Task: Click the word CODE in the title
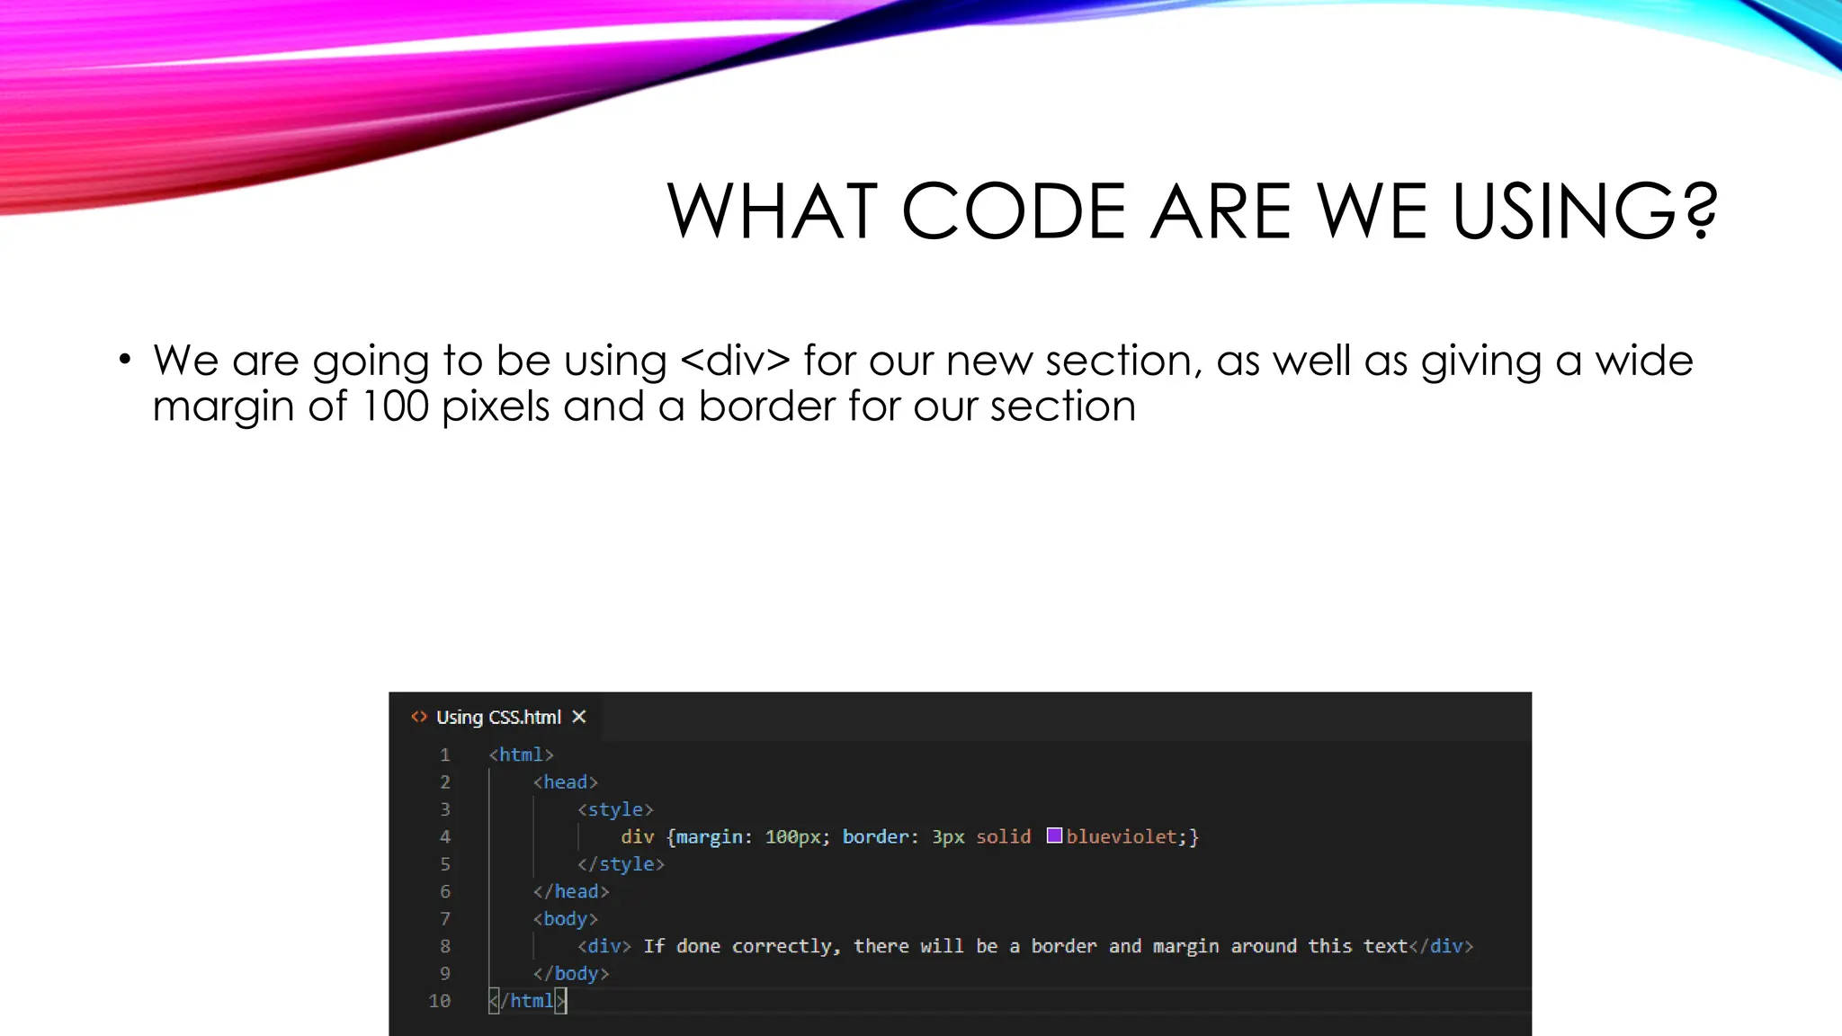pos(1013,211)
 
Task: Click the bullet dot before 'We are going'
pos(125,361)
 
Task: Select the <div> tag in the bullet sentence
pos(735,361)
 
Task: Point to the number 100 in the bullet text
pos(395,406)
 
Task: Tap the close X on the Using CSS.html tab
pos(579,717)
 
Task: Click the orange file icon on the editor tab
pos(419,717)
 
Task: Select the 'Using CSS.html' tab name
pos(498,717)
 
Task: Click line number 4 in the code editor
pos(445,837)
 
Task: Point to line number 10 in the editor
pos(440,1001)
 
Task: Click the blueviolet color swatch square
pos(1055,836)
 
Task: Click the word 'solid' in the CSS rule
pos(1004,837)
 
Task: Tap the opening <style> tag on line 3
pos(615,809)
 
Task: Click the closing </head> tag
pos(571,891)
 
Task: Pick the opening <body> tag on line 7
pos(565,919)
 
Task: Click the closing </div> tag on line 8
pos(1441,946)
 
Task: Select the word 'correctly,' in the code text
pos(786,946)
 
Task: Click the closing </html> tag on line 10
pos(528,1001)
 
